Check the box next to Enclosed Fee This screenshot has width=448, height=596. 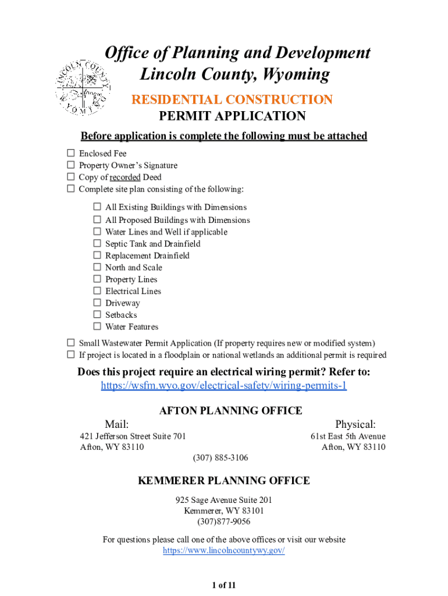click(x=70, y=154)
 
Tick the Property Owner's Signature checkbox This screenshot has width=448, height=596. click(x=70, y=165)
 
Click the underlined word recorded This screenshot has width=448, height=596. click(x=125, y=178)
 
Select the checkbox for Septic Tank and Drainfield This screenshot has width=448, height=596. click(x=97, y=244)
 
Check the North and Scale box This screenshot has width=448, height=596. click(x=97, y=268)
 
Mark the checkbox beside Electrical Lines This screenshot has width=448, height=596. click(x=97, y=291)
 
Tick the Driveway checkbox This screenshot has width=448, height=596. click(x=97, y=303)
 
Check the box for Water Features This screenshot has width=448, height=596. click(x=97, y=327)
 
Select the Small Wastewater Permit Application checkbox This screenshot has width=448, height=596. click(x=70, y=343)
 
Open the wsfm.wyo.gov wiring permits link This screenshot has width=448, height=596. click(x=224, y=386)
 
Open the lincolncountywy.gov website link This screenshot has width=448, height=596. click(x=224, y=551)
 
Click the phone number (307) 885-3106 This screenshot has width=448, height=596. click(x=221, y=458)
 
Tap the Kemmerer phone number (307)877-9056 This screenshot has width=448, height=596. click(x=224, y=522)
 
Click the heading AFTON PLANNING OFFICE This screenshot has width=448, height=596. click(x=231, y=411)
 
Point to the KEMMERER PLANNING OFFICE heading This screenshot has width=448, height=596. click(x=224, y=481)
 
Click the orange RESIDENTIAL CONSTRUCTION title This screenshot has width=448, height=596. click(x=232, y=100)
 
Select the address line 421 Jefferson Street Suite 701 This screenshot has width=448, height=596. click(x=133, y=437)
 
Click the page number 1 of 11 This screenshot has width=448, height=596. click(x=224, y=585)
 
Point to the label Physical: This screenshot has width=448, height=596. click(x=355, y=424)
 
